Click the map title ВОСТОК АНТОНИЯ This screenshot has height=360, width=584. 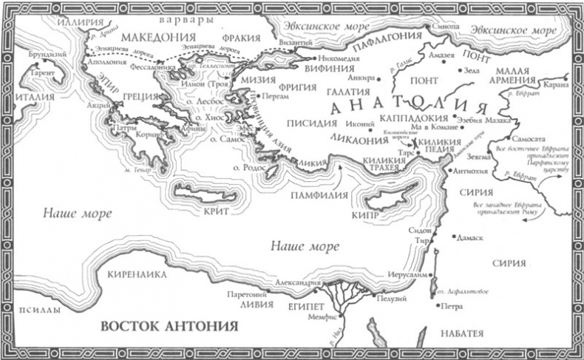click(168, 325)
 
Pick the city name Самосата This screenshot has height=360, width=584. click(526, 139)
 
